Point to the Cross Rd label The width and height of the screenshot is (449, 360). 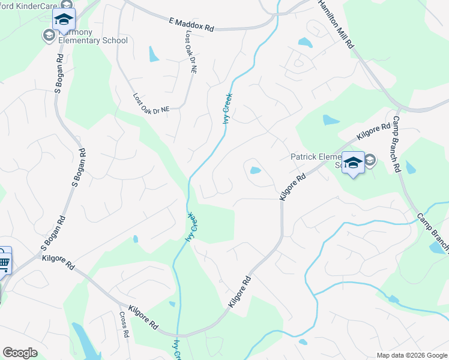coord(124,325)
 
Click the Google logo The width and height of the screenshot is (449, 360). coord(20,353)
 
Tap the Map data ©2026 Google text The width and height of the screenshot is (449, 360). coord(412,355)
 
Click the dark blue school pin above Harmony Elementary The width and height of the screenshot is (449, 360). coord(64,20)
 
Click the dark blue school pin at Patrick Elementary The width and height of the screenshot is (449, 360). coord(353,163)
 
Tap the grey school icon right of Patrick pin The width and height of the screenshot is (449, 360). coord(369,160)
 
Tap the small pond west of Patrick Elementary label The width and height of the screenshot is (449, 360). coord(255,170)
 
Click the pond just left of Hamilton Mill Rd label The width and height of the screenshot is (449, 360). coord(305,43)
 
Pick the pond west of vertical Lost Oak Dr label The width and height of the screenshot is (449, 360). coord(154,55)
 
